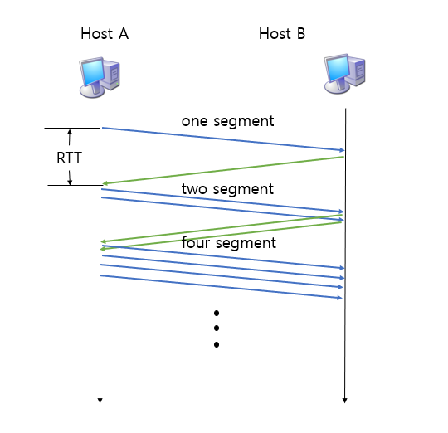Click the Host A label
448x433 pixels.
104,34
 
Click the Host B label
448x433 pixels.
281,34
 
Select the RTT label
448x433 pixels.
69,158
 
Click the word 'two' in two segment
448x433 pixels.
195,189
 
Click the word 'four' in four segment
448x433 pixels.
197,243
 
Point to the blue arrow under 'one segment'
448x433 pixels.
222,139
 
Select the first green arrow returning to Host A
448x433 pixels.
222,170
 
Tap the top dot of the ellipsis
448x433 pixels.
217,314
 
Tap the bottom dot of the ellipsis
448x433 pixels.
217,344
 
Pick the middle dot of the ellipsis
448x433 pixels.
217,328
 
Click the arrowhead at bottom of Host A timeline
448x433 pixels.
100,401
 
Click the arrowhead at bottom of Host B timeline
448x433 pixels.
345,401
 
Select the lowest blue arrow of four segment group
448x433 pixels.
222,286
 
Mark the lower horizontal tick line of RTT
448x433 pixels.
73,185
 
